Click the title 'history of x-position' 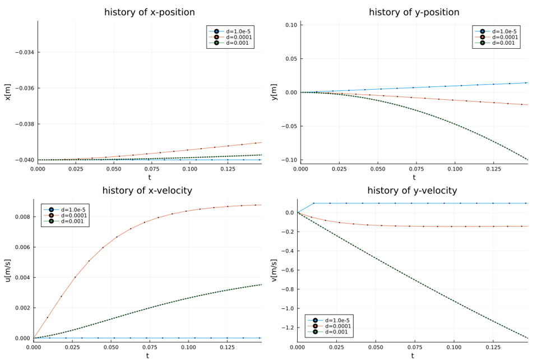(150, 12)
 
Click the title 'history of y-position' (414, 12)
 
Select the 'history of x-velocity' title (147, 191)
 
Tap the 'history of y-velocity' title (412, 191)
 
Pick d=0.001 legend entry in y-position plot (503, 43)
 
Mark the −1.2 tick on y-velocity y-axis (287, 327)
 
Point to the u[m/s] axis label (8, 270)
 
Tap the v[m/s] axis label (274, 270)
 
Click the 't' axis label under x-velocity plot (147, 356)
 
